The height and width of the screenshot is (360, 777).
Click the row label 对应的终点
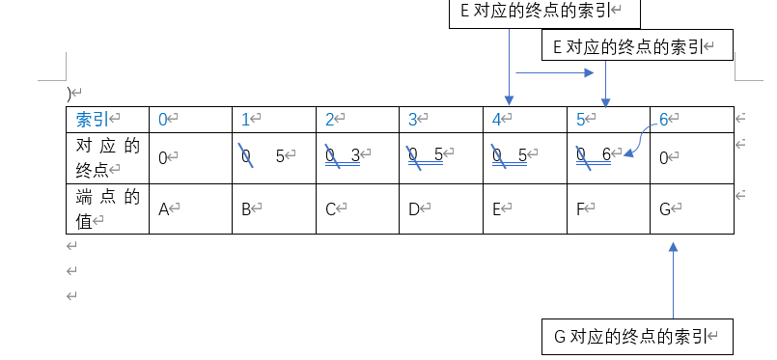point(107,154)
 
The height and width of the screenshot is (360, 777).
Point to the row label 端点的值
point(107,208)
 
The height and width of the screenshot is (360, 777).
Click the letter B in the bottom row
point(246,208)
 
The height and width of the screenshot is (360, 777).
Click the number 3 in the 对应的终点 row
point(355,154)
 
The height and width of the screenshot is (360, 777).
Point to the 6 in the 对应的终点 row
point(606,154)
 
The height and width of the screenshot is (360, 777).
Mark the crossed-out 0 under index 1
point(246,155)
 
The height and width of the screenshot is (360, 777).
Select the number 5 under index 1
point(280,154)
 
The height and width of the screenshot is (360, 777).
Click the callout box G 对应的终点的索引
point(638,336)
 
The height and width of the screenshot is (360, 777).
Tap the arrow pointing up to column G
point(674,280)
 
